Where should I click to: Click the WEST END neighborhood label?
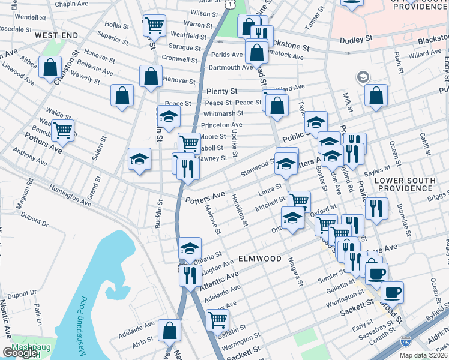[x=56, y=35]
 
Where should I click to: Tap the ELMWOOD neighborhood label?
[x=259, y=259]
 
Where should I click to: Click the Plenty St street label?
[x=222, y=91]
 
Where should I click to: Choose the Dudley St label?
[x=355, y=40]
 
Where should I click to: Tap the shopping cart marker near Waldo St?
[x=62, y=129]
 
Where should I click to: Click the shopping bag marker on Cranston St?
[x=50, y=67]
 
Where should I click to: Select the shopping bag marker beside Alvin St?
[x=170, y=329]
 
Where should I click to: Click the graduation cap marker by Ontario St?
[x=190, y=248]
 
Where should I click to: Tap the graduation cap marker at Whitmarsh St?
[x=169, y=116]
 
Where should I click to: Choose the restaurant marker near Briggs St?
[x=376, y=208]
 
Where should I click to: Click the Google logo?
[x=20, y=353]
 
